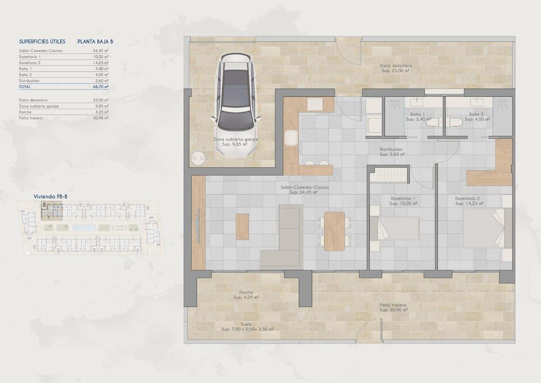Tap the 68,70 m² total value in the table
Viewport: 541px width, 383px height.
(101, 87)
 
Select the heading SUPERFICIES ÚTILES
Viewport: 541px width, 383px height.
(42, 42)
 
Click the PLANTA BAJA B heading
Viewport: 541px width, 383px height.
(95, 42)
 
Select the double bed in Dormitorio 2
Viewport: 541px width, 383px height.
(483, 228)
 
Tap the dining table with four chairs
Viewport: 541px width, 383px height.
(334, 231)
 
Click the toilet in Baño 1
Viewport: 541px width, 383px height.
(434, 122)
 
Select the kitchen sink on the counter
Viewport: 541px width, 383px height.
(291, 137)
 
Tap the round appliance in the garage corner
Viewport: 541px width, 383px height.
(198, 158)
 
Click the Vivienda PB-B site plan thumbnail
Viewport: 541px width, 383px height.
(87, 227)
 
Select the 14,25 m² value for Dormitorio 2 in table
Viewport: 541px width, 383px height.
(101, 63)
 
